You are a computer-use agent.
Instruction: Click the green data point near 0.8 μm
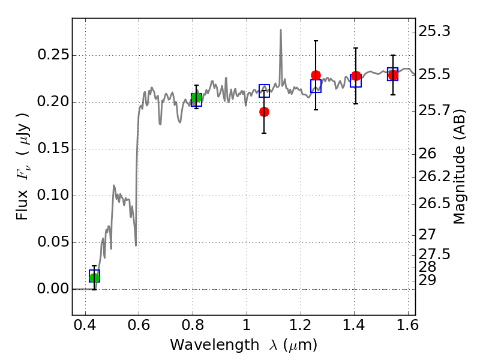tap(196, 98)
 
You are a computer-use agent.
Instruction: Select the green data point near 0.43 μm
tap(94, 278)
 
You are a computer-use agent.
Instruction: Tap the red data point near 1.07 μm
tap(264, 112)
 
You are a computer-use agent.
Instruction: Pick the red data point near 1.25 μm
tap(316, 76)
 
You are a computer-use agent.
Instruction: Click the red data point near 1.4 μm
tap(356, 76)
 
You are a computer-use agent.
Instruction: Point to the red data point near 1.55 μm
tap(393, 75)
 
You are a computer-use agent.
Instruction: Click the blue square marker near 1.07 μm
tap(264, 91)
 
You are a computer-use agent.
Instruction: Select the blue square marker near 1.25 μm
tap(316, 86)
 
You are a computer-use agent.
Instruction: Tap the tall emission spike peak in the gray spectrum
tap(281, 29)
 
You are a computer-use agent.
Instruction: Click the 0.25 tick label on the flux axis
tap(53, 55)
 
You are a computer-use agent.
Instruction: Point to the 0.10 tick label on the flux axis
tap(53, 195)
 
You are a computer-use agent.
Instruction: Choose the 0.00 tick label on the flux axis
tap(53, 289)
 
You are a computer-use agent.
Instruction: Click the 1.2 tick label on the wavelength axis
tap(301, 325)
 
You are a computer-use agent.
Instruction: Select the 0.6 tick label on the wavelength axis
tap(139, 325)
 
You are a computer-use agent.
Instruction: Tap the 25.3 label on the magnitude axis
tap(434, 31)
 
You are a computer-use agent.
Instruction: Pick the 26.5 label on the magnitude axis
tap(434, 203)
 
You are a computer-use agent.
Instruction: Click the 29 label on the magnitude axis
tap(427, 280)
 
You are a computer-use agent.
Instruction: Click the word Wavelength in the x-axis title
tap(215, 345)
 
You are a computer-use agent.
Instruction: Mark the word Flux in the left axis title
tap(22, 205)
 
